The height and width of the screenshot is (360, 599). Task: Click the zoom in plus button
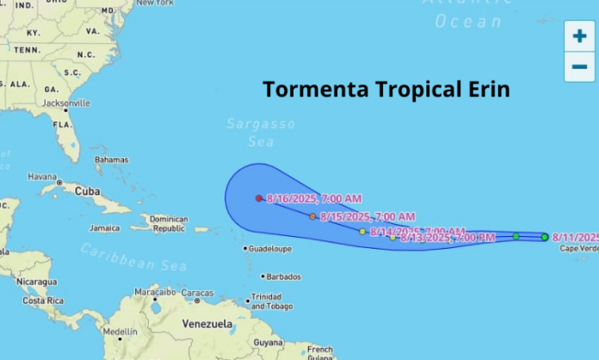pos(579,36)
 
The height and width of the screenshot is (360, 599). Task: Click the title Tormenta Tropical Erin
pos(386,89)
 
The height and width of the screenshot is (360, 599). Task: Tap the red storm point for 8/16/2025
pos(259,198)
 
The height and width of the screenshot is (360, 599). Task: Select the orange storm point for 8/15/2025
pos(312,216)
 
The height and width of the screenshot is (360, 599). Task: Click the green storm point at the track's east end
pos(545,237)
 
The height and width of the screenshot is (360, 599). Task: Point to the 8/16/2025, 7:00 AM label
pos(313,199)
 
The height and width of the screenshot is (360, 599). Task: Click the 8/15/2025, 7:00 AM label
pos(367,216)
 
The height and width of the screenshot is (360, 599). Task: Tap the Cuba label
pos(87,190)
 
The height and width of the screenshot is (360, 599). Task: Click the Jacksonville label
pos(66,102)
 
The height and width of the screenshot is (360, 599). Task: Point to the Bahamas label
pos(112,160)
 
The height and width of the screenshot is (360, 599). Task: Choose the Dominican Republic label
pos(169,224)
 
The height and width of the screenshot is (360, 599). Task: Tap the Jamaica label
pos(104,228)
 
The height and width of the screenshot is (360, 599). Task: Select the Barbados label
pos(283,276)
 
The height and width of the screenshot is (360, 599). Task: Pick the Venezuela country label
pos(207,324)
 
